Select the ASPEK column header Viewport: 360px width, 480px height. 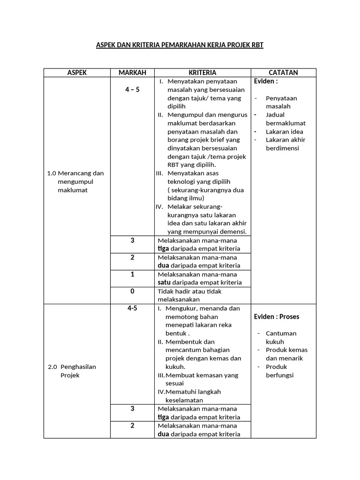[x=77, y=73]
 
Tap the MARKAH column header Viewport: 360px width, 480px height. [x=132, y=73]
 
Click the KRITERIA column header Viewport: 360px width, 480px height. [x=202, y=73]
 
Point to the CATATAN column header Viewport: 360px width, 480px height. [x=283, y=73]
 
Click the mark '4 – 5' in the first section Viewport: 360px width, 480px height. [x=132, y=90]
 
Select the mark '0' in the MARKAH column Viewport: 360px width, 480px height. [x=132, y=291]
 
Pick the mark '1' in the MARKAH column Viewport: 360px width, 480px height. [x=132, y=274]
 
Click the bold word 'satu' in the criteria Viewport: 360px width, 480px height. [x=164, y=283]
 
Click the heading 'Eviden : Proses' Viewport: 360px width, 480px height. [x=277, y=316]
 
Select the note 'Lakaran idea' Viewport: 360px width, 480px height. [x=284, y=132]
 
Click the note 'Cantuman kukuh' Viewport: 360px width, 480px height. [x=281, y=337]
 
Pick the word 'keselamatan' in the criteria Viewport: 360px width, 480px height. [x=184, y=400]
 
